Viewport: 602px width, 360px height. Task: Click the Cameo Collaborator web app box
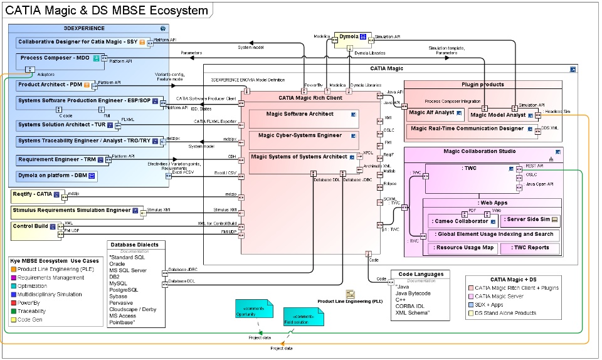point(461,221)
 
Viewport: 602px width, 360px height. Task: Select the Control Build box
point(34,226)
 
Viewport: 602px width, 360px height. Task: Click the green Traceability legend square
point(13,311)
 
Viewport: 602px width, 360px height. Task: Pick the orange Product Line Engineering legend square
point(13,269)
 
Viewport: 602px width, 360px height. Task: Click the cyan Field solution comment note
point(304,316)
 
